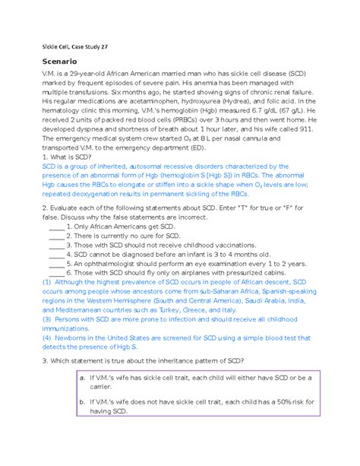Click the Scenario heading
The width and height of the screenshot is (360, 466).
64,62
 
